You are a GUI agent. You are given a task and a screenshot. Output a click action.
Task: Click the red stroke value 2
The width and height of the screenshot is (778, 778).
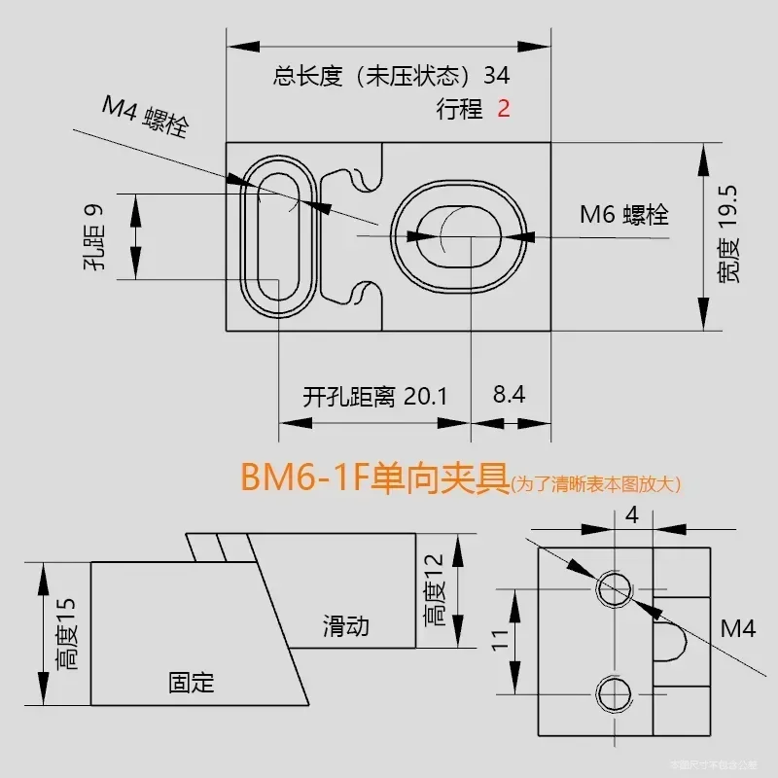(504, 109)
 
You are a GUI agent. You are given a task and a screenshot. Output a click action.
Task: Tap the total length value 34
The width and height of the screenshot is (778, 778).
(496, 76)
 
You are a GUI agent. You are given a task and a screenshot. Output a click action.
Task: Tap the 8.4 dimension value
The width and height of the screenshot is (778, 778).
(509, 395)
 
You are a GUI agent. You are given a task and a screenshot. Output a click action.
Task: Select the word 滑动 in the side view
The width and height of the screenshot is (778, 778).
(346, 625)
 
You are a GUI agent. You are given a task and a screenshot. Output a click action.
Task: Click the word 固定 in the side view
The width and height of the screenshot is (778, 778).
(191, 682)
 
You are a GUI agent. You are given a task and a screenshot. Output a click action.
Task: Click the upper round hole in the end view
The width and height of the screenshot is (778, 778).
(615, 587)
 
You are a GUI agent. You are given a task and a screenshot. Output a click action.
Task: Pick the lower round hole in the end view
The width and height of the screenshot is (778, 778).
(615, 692)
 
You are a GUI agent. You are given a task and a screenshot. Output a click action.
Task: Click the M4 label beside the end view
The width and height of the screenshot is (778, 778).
(737, 629)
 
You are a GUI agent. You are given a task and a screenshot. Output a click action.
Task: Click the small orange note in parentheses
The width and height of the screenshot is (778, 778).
(596, 483)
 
